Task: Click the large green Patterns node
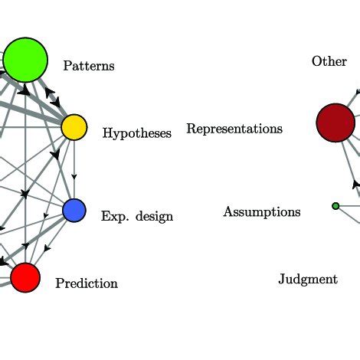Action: coord(25,59)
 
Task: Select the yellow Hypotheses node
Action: coord(74,127)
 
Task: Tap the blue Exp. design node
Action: coord(74,210)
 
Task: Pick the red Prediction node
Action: coord(25,277)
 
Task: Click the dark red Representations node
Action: coord(335,123)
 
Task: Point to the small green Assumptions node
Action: coord(335,206)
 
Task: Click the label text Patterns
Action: coord(89,66)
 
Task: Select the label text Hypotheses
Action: coord(136,133)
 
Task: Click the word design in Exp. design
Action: coord(153,217)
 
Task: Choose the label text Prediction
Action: coord(87,284)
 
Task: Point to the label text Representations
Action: coord(234,129)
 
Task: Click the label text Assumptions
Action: coord(262,212)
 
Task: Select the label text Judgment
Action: coord(307,280)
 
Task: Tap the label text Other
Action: coord(329,61)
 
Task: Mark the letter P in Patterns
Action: coord(67,66)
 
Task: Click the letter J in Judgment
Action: coord(281,280)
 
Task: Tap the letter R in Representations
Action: coord(191,129)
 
